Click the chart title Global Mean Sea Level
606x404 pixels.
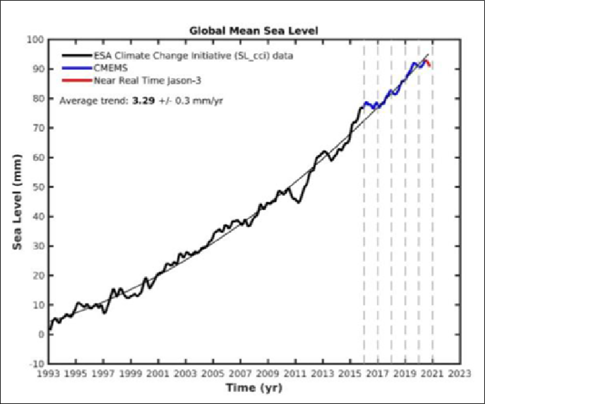click(x=254, y=30)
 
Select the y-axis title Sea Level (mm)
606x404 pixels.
click(x=18, y=200)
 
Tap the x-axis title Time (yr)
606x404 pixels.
click(x=254, y=387)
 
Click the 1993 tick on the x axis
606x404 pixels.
click(x=48, y=373)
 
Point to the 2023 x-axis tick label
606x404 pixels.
click(x=460, y=373)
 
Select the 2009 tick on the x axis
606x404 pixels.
click(x=268, y=373)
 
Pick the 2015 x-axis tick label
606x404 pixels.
click(x=350, y=373)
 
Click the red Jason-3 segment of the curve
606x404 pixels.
click(x=428, y=62)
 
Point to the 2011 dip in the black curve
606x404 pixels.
click(x=299, y=201)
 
